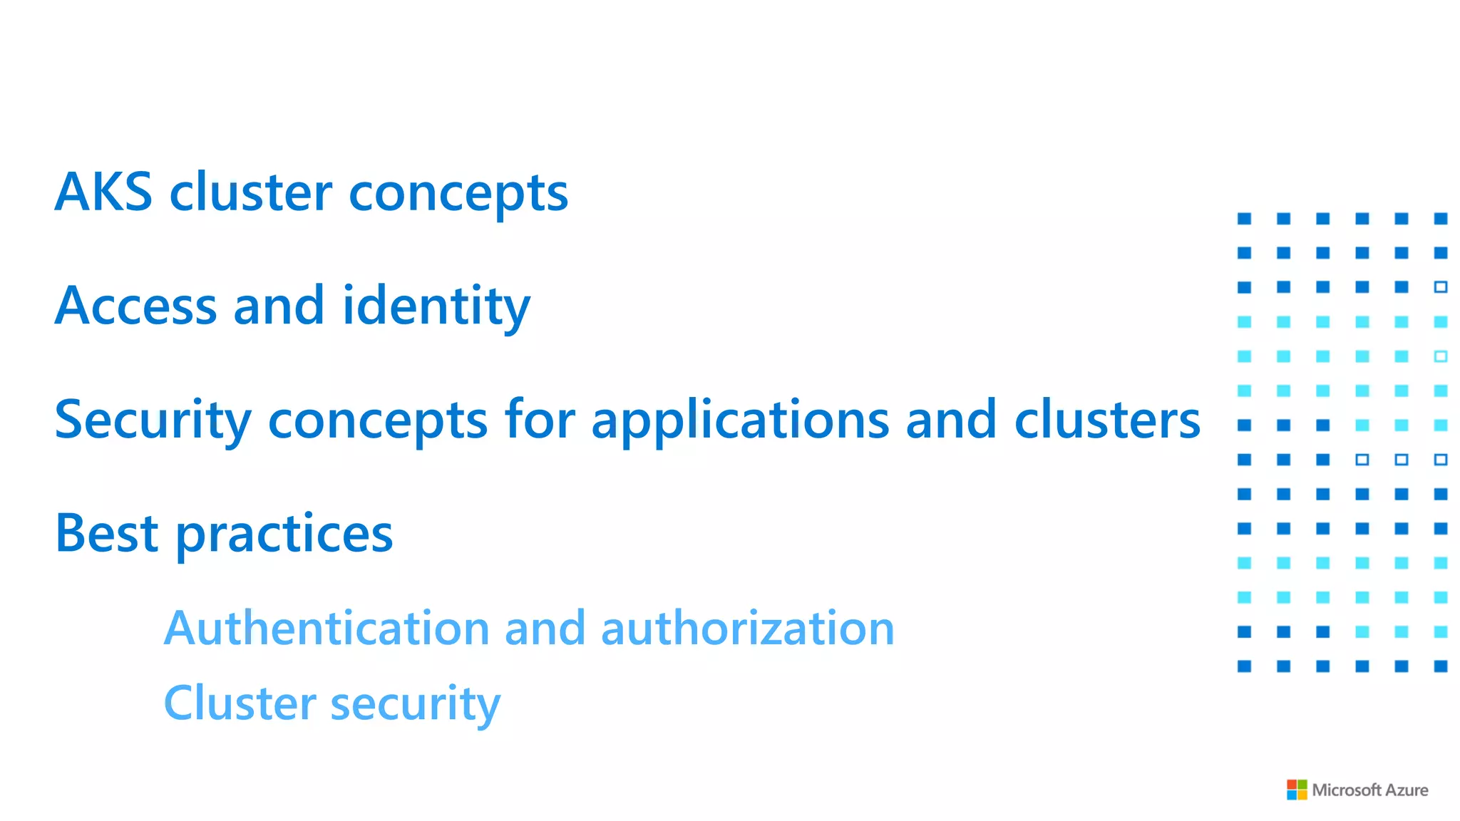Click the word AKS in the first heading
point(103,192)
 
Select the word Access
point(135,306)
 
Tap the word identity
point(436,307)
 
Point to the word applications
point(740,420)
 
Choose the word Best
point(107,533)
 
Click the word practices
point(284,535)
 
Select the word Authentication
point(327,628)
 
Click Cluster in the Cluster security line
point(240,703)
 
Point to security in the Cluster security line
point(416,704)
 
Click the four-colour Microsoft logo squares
point(1297,790)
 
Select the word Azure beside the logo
point(1407,790)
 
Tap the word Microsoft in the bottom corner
point(1347,790)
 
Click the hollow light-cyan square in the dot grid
point(1440,356)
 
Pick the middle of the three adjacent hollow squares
point(1401,460)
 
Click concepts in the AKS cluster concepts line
point(458,193)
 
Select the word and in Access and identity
point(279,306)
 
